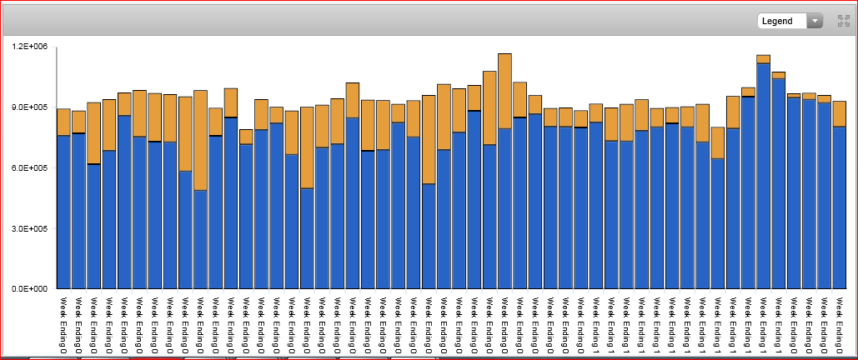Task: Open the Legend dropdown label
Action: (780, 21)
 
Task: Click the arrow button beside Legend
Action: (815, 21)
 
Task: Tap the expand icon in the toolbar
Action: (843, 21)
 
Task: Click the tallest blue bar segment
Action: (763, 175)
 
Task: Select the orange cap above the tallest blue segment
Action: (763, 59)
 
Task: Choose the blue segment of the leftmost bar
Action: (63, 212)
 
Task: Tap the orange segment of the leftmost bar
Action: (63, 122)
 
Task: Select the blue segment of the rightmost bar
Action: (839, 207)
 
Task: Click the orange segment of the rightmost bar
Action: (839, 113)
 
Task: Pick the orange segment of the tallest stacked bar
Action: (504, 91)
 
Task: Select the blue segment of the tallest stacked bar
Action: (504, 208)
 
